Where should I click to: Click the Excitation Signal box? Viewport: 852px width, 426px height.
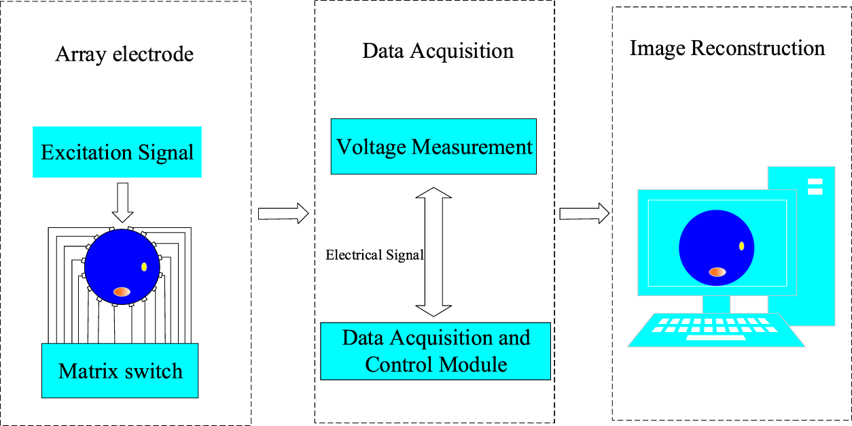coord(117,152)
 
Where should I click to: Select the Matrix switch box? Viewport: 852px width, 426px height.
coord(120,371)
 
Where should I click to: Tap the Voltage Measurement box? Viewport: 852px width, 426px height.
coord(433,146)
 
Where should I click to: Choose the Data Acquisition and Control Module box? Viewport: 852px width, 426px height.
coord(436,351)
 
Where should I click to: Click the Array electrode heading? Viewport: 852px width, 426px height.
coord(124,54)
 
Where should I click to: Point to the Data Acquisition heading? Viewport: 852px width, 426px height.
coord(438,51)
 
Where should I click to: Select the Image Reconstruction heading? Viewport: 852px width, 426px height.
coord(727,49)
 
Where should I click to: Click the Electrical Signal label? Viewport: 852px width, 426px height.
coord(374,256)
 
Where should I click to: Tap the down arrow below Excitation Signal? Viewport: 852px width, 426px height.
coord(123,202)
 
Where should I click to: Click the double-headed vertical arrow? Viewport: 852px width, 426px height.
coord(433,252)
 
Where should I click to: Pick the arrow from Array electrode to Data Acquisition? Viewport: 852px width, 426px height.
coord(283,214)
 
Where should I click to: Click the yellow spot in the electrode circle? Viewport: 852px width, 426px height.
coord(144,267)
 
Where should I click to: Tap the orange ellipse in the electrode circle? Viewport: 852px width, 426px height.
coord(122,291)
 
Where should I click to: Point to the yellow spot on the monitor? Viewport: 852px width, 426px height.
coord(741,246)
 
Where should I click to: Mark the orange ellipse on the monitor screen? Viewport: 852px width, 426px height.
coord(717,272)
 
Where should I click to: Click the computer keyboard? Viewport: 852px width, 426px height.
coord(715,330)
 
